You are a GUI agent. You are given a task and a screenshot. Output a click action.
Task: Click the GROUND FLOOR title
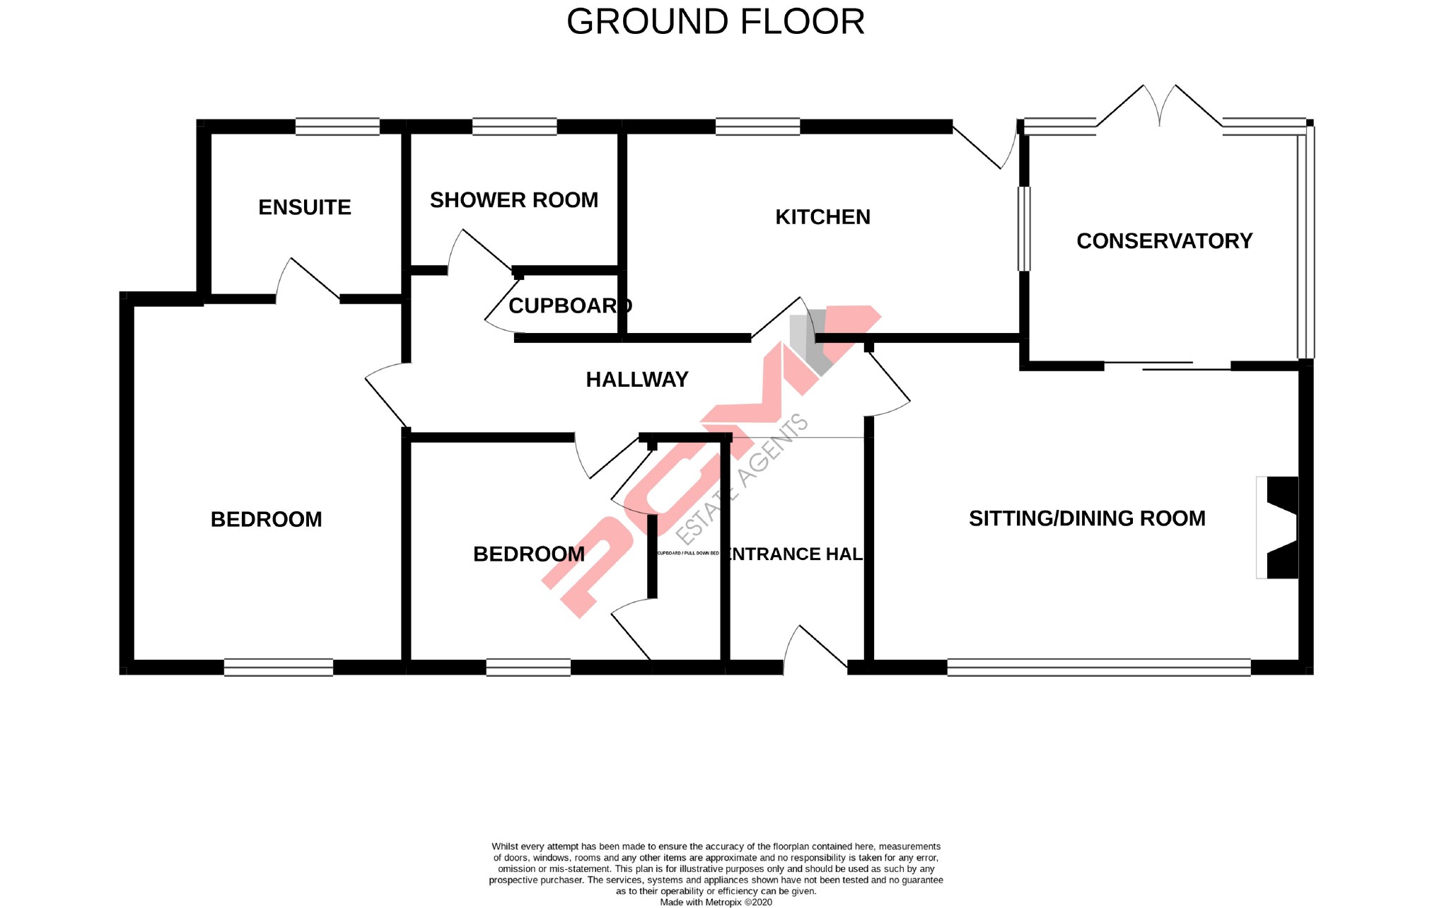[x=716, y=22]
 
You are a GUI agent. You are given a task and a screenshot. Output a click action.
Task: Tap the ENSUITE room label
[x=305, y=207]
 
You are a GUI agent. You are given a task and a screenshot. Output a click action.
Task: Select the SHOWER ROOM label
[x=514, y=200]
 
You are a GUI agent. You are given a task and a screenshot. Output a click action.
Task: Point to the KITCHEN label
[x=822, y=217]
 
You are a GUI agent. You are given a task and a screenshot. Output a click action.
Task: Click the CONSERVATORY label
[x=1164, y=241]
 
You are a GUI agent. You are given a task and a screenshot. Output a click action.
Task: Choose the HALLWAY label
[x=637, y=380]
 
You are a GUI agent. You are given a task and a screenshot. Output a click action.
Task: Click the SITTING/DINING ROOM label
[x=1087, y=518]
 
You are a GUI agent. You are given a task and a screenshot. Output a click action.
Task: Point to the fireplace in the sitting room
[x=1279, y=528]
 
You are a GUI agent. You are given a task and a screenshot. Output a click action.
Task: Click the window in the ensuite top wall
[x=337, y=127]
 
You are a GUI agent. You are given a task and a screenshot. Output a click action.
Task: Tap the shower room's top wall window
[x=514, y=127]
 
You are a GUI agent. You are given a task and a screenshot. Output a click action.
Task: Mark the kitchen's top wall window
[x=757, y=127]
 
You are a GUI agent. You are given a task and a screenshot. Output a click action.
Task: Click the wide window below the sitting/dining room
[x=1098, y=667]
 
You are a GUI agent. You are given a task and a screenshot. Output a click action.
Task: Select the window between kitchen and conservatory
[x=1024, y=228]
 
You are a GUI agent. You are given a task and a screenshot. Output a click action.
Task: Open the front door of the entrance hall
[x=815, y=647]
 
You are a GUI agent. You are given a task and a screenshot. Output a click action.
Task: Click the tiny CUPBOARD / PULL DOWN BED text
[x=688, y=553]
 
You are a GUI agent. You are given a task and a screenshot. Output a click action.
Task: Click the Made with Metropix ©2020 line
[x=716, y=902]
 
